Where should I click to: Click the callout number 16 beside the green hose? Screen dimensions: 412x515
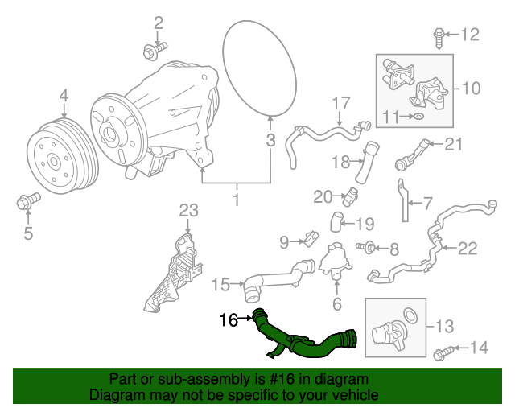[x=227, y=320]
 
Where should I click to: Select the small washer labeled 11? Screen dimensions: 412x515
[x=417, y=117]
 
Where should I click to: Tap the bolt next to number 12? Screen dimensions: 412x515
[x=439, y=34]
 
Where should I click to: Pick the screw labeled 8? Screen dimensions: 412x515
[x=369, y=248]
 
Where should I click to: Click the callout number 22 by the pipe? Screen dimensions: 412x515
[x=468, y=249]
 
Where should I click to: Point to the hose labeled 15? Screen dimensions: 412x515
[x=274, y=278]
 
